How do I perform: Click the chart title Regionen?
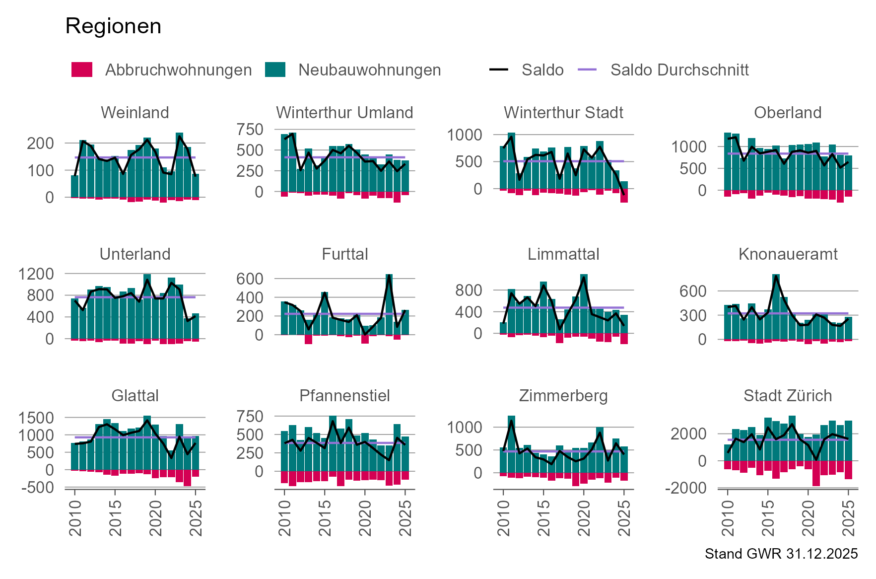click(113, 26)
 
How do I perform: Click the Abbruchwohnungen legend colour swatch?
click(82, 70)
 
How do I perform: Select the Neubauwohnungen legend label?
click(369, 70)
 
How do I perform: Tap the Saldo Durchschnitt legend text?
click(679, 70)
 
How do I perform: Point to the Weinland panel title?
click(135, 113)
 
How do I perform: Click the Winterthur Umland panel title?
click(344, 113)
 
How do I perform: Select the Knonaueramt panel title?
click(788, 254)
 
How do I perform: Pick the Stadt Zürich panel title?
click(788, 396)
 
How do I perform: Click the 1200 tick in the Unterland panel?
click(36, 274)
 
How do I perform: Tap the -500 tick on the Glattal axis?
click(38, 488)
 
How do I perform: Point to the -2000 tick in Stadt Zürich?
click(689, 488)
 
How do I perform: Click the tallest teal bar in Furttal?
click(389, 304)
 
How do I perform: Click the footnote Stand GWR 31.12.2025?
click(781, 554)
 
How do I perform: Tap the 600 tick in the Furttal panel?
click(250, 279)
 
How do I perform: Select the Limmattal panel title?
click(563, 254)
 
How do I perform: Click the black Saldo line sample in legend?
click(498, 70)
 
